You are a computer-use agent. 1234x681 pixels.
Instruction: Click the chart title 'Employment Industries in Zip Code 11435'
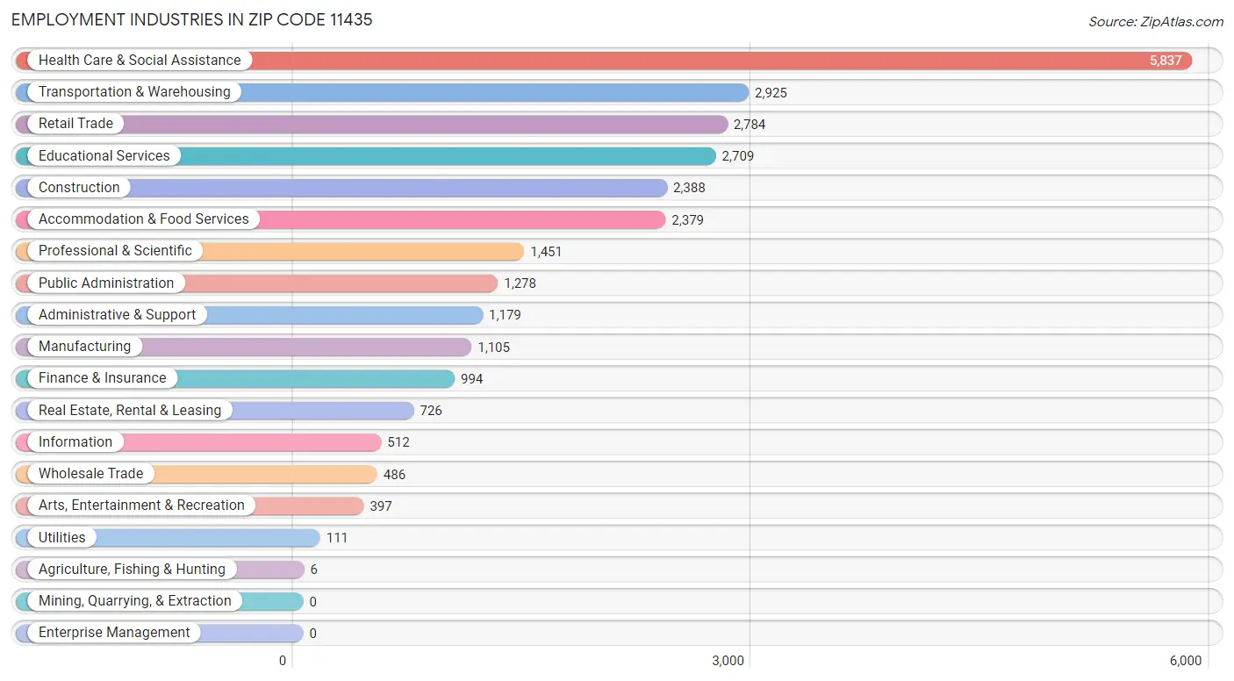pos(192,19)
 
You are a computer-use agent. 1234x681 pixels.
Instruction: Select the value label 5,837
pos(1166,61)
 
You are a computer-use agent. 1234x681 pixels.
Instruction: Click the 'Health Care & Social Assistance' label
pos(139,61)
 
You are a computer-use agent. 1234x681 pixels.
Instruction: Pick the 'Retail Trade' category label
pos(75,124)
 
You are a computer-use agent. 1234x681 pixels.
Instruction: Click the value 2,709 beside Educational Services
pos(737,156)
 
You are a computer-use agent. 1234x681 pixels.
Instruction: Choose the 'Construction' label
pos(79,188)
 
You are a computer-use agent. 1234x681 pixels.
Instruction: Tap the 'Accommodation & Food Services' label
pos(143,219)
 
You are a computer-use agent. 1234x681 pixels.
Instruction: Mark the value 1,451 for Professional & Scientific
pos(546,252)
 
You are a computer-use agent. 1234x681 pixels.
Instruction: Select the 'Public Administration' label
pos(106,283)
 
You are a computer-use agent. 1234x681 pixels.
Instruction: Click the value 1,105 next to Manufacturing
pos(493,348)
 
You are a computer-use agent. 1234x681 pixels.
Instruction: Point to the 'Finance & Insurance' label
pos(102,378)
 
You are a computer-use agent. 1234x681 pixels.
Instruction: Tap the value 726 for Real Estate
pos(431,411)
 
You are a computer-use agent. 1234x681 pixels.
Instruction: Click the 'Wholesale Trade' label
pos(90,474)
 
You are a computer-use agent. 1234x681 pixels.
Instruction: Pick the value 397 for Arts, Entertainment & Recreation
pos(380,506)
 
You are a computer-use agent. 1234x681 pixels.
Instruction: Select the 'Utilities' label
pos(61,538)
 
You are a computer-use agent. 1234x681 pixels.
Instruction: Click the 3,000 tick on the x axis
pos(728,661)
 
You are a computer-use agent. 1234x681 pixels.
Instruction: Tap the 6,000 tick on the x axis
pos(1185,661)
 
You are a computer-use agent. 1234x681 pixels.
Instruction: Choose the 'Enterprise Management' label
pos(114,633)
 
